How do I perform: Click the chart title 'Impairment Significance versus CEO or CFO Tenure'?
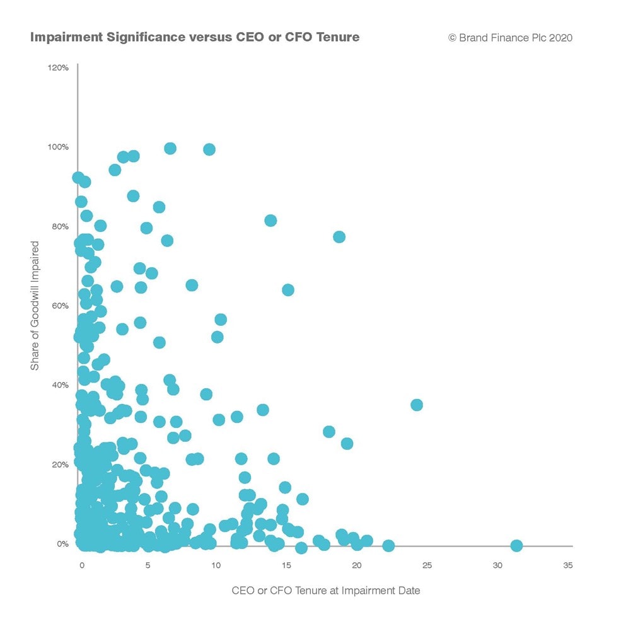click(195, 37)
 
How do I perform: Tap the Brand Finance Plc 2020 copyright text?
click(510, 38)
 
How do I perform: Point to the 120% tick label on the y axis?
click(58, 67)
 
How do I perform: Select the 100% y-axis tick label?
click(58, 147)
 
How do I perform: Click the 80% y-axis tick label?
click(59, 226)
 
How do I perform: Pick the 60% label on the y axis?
click(59, 306)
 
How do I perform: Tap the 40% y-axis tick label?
click(59, 385)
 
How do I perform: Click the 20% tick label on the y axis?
click(59, 465)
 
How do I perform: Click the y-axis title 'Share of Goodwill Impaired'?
click(35, 306)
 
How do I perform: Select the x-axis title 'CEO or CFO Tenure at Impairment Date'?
click(325, 591)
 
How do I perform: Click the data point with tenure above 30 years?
click(516, 545)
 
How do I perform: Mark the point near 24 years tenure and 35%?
click(416, 405)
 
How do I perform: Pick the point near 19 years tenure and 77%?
click(339, 237)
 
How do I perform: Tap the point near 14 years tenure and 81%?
click(270, 221)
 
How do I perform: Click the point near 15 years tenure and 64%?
click(288, 290)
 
